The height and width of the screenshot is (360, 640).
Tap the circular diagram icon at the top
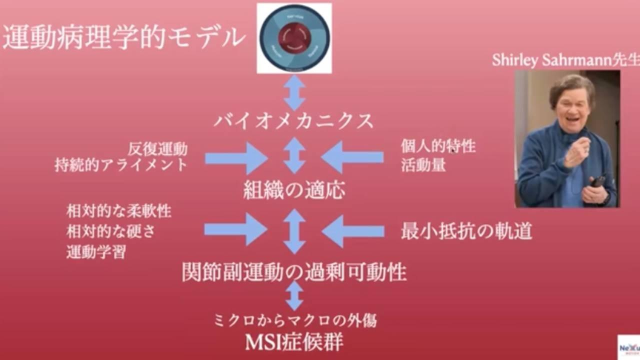click(x=294, y=38)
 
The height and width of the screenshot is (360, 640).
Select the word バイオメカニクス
click(x=294, y=121)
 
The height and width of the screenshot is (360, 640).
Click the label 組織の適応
click(x=294, y=190)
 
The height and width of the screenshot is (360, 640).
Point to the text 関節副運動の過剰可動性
click(x=294, y=272)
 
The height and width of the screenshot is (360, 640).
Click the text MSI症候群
click(x=294, y=342)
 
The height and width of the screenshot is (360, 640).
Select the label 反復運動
click(x=157, y=148)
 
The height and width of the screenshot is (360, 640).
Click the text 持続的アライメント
click(x=121, y=164)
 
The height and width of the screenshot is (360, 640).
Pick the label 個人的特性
click(x=438, y=146)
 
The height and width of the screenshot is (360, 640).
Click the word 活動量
click(x=423, y=165)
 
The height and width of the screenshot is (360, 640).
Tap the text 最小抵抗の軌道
click(x=466, y=231)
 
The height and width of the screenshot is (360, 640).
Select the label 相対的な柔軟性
click(x=119, y=211)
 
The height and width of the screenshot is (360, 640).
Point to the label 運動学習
click(x=96, y=251)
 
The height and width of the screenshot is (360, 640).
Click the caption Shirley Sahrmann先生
click(x=565, y=60)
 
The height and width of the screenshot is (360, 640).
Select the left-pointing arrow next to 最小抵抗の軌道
click(x=353, y=230)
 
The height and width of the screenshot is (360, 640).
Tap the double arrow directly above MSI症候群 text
click(x=294, y=295)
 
